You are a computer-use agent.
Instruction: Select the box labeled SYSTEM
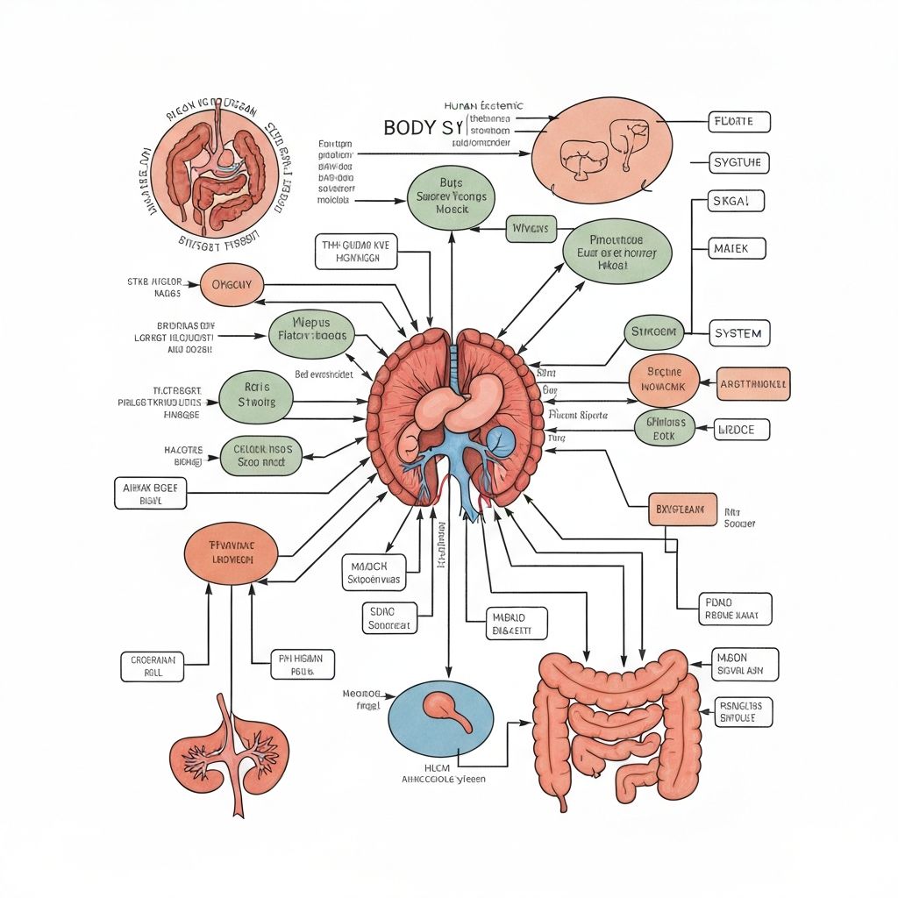click(738, 334)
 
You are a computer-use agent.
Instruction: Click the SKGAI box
click(735, 202)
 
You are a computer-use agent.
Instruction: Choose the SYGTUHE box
click(739, 162)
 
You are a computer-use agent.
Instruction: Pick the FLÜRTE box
click(738, 122)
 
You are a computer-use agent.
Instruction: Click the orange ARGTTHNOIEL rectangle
click(753, 384)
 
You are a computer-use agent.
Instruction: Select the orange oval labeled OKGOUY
click(232, 284)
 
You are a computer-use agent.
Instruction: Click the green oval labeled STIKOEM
click(654, 332)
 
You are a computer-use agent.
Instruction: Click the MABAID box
click(517, 623)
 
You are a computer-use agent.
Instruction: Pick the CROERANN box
click(153, 666)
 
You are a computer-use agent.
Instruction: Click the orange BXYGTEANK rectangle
click(682, 509)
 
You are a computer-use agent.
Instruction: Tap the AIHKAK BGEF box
click(150, 494)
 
